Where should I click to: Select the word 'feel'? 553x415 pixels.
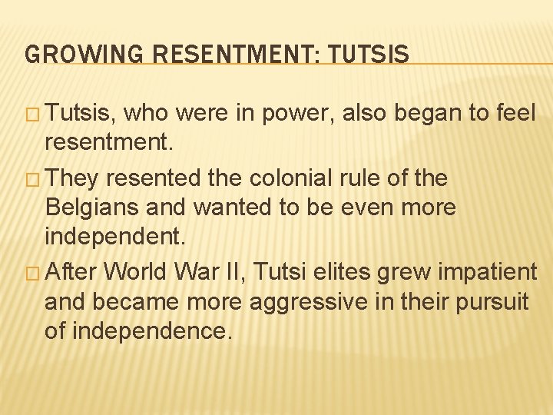tap(514, 114)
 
